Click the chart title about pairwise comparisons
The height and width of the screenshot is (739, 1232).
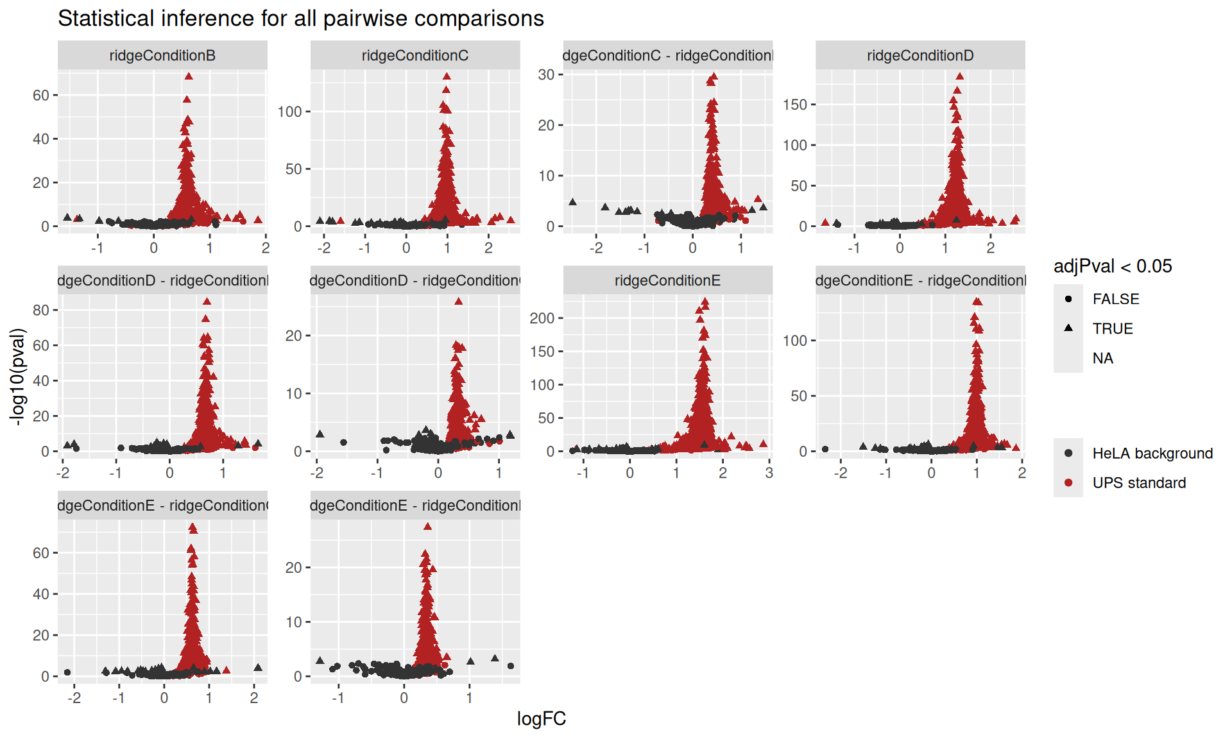[x=300, y=19]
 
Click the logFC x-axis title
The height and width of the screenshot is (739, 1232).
[x=541, y=718]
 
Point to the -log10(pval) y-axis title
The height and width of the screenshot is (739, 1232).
[x=17, y=377]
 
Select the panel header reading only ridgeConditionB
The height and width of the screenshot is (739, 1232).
[x=162, y=56]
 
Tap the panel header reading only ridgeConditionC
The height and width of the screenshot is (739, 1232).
[x=415, y=56]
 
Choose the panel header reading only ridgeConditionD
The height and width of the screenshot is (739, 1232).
[x=920, y=56]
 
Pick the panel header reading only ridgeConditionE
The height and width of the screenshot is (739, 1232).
[x=667, y=281]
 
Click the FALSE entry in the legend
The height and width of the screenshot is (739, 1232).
[x=1115, y=299]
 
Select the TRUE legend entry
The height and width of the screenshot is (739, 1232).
[x=1113, y=328]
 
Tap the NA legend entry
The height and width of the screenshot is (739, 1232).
[x=1102, y=358]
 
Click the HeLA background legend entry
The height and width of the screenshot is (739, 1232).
[x=1152, y=454]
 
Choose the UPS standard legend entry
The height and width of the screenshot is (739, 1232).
[x=1139, y=483]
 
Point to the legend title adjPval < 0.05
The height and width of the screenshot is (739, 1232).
[x=1113, y=266]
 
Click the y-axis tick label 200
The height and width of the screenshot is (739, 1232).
[x=542, y=318]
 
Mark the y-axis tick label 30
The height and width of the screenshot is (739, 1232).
[x=546, y=74]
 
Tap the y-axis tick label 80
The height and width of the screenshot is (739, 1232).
[x=41, y=310]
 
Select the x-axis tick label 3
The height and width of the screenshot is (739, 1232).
[x=769, y=473]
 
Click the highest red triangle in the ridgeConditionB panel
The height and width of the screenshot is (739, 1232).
[x=189, y=76]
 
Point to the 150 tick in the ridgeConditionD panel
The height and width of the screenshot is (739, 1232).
[x=794, y=105]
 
